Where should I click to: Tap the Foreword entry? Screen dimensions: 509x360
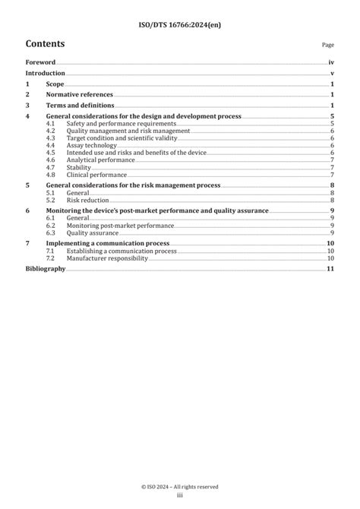41,62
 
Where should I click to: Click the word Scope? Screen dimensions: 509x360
55,84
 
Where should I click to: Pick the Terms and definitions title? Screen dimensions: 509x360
80,106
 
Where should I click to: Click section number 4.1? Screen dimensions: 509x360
50,123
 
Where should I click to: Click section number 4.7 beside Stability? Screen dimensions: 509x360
50,167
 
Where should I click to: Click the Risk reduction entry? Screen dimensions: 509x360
87,200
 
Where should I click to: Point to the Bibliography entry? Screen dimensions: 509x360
46,269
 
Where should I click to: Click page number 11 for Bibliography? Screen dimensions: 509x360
330,269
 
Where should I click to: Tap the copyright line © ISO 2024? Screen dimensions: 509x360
180,486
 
